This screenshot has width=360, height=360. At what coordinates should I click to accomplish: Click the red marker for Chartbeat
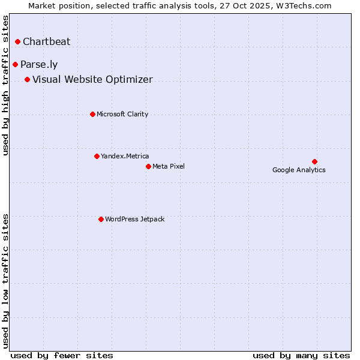click(18, 41)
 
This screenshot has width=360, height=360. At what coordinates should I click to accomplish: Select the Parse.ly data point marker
click(15, 64)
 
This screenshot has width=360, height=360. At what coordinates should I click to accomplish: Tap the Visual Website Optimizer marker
click(27, 79)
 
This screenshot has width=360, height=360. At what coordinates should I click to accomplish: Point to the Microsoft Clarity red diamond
click(92, 114)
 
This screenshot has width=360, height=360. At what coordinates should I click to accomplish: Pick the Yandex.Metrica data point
click(97, 156)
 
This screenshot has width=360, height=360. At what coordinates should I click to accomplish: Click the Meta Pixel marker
click(148, 166)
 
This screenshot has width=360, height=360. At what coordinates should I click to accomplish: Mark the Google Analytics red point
click(314, 161)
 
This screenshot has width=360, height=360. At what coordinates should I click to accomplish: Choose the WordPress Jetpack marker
click(101, 219)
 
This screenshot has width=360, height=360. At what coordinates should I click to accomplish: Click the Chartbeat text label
click(46, 41)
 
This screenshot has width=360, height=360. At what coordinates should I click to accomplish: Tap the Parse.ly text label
click(39, 64)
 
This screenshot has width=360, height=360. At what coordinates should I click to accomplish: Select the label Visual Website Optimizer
click(92, 79)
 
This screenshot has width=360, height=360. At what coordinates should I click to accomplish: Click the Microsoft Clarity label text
click(122, 114)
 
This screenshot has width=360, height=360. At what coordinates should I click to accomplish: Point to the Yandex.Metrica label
click(125, 156)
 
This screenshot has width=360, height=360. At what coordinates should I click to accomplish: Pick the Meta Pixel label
click(169, 166)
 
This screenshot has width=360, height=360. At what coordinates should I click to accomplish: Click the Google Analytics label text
click(299, 170)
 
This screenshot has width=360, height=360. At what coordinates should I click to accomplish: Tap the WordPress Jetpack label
click(134, 219)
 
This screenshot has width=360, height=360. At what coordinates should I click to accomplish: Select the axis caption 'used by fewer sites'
click(62, 355)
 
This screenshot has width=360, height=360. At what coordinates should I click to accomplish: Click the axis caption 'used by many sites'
click(301, 355)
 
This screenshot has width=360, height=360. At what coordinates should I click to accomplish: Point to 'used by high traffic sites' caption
click(6, 85)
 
